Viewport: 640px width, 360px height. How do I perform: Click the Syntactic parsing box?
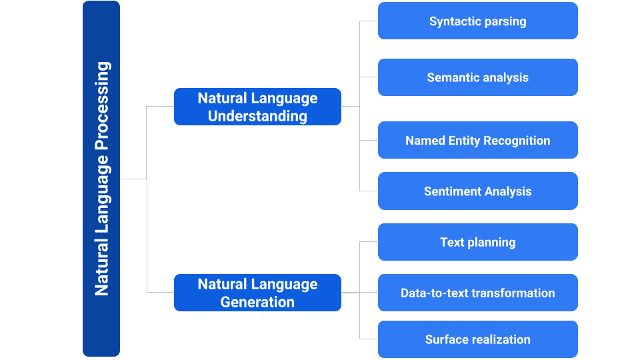pos(477,21)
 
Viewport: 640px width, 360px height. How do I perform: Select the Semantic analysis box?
pos(477,77)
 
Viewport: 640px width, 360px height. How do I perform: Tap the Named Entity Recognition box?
pos(477,140)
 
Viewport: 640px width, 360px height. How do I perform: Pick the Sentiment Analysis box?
pos(477,191)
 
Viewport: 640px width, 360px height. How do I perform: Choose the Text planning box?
pos(477,242)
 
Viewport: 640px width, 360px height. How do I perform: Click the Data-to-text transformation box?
pos(477,293)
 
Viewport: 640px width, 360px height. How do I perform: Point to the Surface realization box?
pos(477,339)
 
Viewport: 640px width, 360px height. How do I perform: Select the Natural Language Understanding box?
pos(257,107)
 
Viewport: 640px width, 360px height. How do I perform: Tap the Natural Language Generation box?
pos(257,293)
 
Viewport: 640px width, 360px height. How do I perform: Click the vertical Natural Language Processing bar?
pos(101,179)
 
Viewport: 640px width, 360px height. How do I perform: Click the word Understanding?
pos(257,116)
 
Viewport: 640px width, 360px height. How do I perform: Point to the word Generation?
pos(257,302)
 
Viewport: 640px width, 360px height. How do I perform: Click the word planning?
pos(491,243)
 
